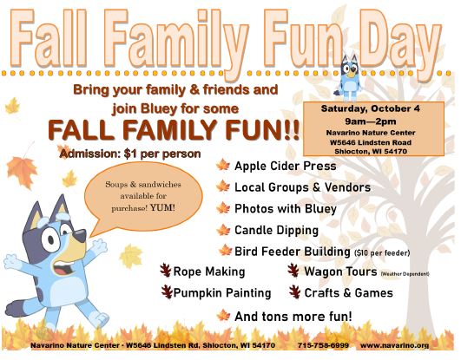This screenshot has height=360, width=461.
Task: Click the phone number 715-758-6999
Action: click(x=323, y=345)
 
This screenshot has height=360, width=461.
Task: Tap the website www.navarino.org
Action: click(x=394, y=345)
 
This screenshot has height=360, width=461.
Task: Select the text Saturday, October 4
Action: click(x=371, y=108)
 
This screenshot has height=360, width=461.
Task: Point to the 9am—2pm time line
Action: click(x=371, y=121)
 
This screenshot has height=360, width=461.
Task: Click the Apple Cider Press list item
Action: click(x=285, y=166)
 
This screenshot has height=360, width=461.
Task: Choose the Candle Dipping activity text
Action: click(x=276, y=231)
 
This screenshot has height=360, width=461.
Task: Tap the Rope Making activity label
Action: click(x=209, y=272)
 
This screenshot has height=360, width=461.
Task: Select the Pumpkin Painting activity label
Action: click(x=222, y=293)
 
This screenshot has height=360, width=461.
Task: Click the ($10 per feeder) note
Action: click(x=382, y=252)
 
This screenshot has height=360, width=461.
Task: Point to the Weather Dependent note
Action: click(x=405, y=274)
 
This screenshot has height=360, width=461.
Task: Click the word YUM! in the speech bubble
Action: click(x=162, y=208)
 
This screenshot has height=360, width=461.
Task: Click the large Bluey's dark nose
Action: click(x=79, y=235)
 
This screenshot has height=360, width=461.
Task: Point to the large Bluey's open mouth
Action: click(x=63, y=268)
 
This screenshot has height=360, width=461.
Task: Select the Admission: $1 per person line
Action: click(x=130, y=154)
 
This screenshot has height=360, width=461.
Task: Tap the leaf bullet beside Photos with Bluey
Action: click(x=223, y=208)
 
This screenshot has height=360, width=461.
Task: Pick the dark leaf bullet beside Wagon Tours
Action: click(x=293, y=271)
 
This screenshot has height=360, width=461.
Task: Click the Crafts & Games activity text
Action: click(x=348, y=293)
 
